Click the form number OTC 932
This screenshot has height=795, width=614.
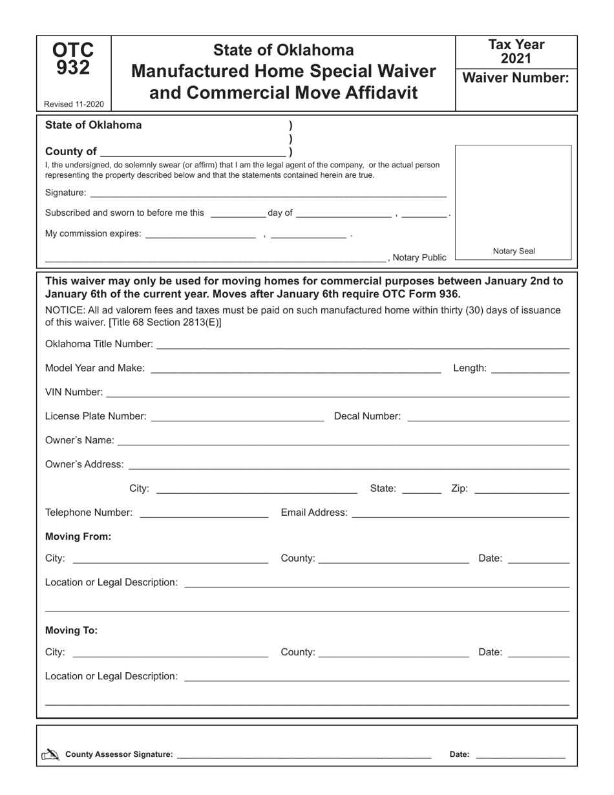(x=73, y=59)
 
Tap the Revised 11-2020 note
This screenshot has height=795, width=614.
(x=73, y=104)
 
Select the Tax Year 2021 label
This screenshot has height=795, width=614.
(x=516, y=52)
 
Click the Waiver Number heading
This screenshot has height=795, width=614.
(x=516, y=78)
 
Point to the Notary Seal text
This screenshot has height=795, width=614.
(x=514, y=251)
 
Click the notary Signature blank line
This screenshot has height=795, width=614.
(x=268, y=193)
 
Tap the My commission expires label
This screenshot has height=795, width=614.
(x=93, y=233)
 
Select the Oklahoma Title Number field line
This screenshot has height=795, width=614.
(x=363, y=344)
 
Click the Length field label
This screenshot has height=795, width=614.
(x=470, y=368)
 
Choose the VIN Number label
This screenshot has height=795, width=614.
(x=74, y=392)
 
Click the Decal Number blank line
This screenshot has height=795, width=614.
(x=488, y=417)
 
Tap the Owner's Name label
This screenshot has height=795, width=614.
(x=79, y=440)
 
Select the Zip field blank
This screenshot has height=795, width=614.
(x=522, y=489)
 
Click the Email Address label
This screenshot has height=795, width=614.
(x=314, y=513)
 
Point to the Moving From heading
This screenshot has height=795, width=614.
(x=78, y=536)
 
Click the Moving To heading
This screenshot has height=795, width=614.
(x=72, y=630)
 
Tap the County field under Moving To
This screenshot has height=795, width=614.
(x=394, y=653)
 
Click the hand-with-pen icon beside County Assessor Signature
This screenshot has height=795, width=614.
(x=50, y=754)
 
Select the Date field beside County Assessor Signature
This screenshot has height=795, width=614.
(x=520, y=754)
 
